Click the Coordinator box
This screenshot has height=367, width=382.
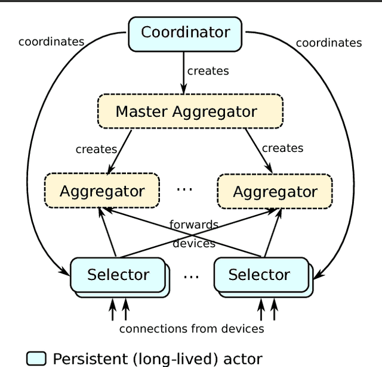(x=186, y=32)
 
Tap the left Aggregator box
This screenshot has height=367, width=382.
(x=102, y=191)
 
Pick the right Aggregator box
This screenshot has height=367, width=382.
(x=275, y=192)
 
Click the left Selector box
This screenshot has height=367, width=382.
(x=118, y=275)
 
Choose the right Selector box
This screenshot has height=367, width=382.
(x=260, y=275)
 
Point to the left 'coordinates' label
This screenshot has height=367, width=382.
(x=51, y=42)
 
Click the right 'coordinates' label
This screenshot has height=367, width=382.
(x=329, y=43)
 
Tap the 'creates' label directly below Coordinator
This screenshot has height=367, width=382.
(x=208, y=70)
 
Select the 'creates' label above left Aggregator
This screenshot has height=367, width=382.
(x=96, y=149)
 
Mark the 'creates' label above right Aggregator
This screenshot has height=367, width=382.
(x=283, y=148)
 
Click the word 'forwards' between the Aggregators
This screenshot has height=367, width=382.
(x=194, y=225)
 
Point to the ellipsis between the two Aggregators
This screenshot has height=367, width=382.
(x=184, y=189)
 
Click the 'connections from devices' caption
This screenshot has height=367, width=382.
(x=192, y=328)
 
